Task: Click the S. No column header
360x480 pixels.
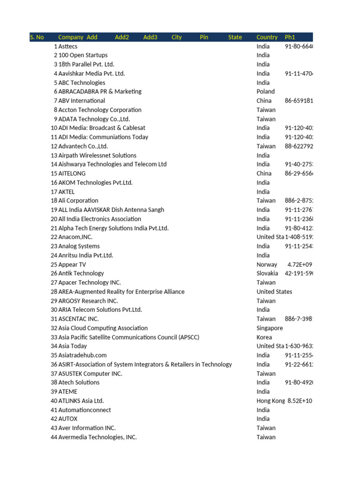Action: coord(37,37)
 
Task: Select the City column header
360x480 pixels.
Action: coord(177,37)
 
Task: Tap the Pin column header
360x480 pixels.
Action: coord(204,37)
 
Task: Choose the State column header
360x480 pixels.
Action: coord(235,37)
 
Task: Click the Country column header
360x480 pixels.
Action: coord(267,37)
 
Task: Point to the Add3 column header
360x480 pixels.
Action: coord(150,37)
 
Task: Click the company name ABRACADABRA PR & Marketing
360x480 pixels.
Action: coord(100,91)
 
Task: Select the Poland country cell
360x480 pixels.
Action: coord(265,91)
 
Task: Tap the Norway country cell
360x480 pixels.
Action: coord(267,264)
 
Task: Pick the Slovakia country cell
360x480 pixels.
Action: coord(267,273)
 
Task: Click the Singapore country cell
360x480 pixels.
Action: coord(270,328)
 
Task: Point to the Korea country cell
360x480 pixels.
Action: coord(264,337)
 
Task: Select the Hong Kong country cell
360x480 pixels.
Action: coord(270,401)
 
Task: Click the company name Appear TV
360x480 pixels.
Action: coord(72,264)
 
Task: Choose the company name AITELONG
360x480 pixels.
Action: coord(72,173)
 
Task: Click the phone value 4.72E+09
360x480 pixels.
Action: coord(299,264)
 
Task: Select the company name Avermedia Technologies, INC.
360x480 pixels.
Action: coord(97,437)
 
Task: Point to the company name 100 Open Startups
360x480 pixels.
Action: coord(83,55)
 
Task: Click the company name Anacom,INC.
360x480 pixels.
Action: coord(75,237)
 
